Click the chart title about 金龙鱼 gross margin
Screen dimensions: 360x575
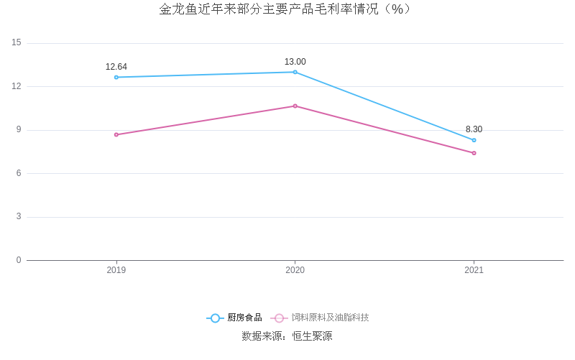(x=287, y=9)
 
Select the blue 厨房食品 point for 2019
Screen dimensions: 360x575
(x=116, y=77)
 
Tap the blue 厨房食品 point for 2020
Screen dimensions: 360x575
(x=295, y=72)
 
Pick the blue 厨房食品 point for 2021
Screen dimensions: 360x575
(x=474, y=140)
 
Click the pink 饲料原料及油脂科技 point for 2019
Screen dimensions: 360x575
(x=116, y=134)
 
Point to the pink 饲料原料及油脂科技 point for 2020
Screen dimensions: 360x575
(x=295, y=106)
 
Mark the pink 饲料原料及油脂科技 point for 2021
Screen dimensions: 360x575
(x=474, y=153)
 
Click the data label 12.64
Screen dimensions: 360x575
(x=116, y=67)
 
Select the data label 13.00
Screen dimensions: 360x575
(x=295, y=62)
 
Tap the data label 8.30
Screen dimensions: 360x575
(x=474, y=129)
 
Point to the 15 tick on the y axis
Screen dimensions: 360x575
(x=17, y=43)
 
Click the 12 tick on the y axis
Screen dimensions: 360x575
(x=17, y=86)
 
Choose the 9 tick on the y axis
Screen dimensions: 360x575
(x=19, y=130)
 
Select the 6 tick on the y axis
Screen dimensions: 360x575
(x=19, y=173)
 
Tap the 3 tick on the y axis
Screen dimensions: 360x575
(x=19, y=217)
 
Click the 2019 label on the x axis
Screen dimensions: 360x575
(x=116, y=270)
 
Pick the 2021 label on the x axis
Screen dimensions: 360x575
(x=474, y=270)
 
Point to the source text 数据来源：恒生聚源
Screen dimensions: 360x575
(x=287, y=336)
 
